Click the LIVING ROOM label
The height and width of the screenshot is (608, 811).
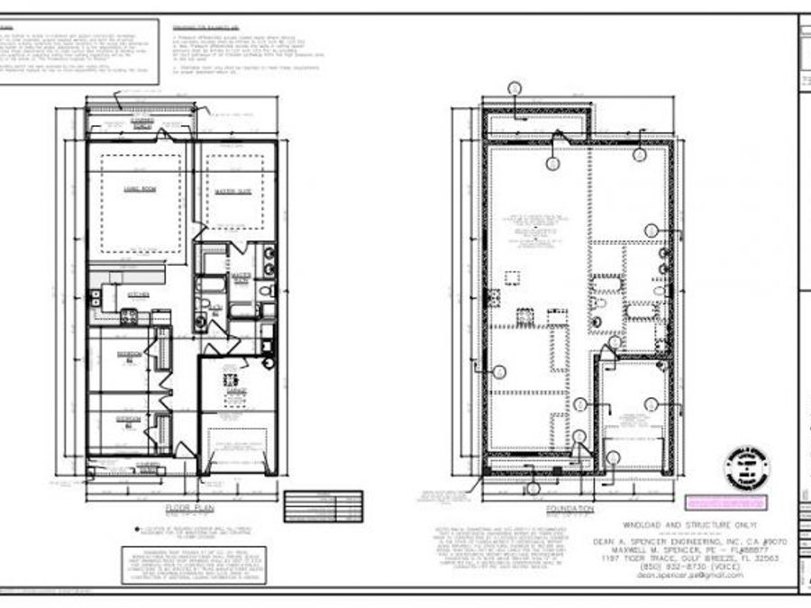(137, 190)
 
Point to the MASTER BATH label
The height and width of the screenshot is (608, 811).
(240, 277)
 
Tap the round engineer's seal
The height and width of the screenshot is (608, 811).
(745, 466)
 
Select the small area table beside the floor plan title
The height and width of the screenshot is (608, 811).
(323, 505)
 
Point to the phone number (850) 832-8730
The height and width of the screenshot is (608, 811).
(688, 567)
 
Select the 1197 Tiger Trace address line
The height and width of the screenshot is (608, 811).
(688, 558)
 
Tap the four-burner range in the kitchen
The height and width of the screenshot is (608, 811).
(128, 315)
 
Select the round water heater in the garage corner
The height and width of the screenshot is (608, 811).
(269, 362)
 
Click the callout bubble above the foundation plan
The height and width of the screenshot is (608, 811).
(515, 87)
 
